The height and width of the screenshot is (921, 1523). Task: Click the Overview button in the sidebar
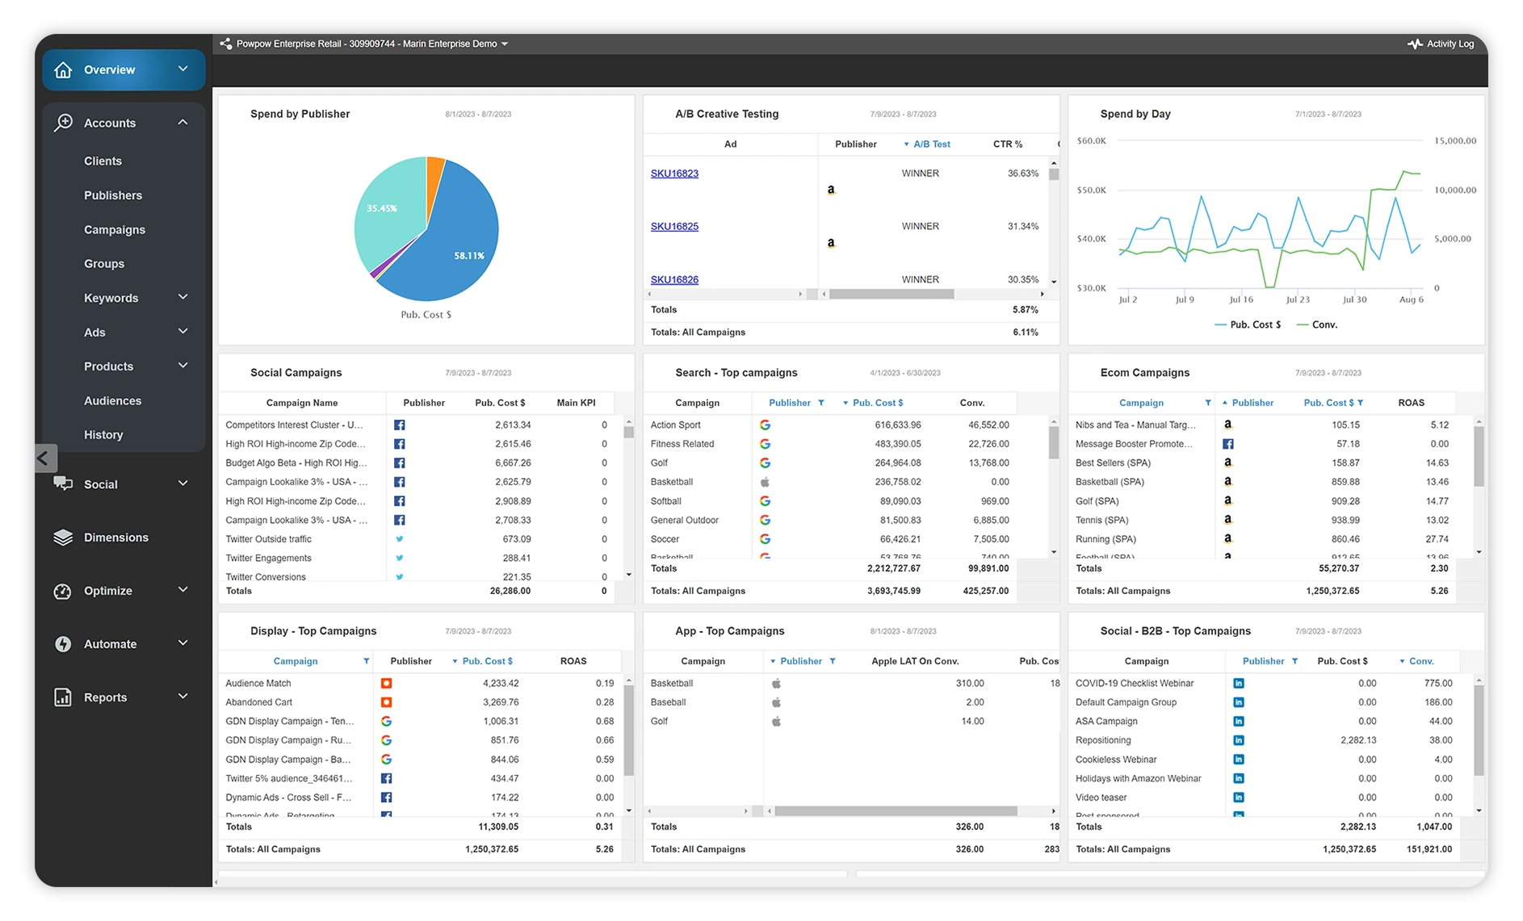(109, 70)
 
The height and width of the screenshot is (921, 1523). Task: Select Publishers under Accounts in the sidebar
(113, 195)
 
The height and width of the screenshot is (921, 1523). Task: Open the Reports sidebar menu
(106, 697)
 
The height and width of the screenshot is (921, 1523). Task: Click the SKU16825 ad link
(674, 226)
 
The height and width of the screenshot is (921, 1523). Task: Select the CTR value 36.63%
(1022, 174)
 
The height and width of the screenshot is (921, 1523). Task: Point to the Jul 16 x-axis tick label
(1241, 299)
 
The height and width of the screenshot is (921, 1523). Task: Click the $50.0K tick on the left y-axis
(1092, 190)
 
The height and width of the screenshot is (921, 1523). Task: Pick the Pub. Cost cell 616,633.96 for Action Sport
(897, 425)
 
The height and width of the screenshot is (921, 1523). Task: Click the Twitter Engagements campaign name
(268, 558)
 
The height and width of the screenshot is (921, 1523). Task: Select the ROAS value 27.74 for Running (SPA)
(1437, 539)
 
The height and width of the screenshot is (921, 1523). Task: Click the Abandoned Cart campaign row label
(259, 702)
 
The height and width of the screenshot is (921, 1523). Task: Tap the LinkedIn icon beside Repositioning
(1239, 740)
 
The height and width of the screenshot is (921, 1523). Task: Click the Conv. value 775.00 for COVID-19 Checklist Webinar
(1438, 683)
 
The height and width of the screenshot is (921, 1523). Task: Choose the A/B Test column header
(931, 144)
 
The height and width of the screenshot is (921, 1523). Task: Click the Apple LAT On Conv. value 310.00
(969, 683)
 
